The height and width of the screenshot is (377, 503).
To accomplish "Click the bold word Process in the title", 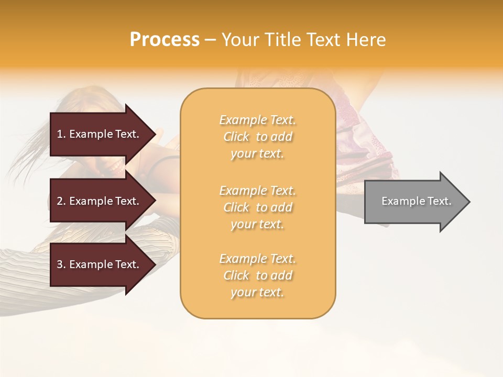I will tap(165, 40).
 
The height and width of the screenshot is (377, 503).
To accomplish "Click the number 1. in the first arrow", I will tap(61, 134).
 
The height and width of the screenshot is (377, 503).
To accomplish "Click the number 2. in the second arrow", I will tap(61, 201).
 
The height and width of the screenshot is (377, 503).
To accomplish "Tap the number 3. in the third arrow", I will tap(61, 264).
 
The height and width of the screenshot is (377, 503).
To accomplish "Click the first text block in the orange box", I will tap(257, 137).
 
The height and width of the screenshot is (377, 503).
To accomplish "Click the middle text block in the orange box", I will tap(257, 207).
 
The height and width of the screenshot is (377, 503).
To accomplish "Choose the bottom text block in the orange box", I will tap(257, 275).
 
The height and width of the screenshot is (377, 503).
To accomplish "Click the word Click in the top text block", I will tap(237, 137).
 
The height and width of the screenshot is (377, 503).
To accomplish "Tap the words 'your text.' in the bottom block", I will tap(257, 292).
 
